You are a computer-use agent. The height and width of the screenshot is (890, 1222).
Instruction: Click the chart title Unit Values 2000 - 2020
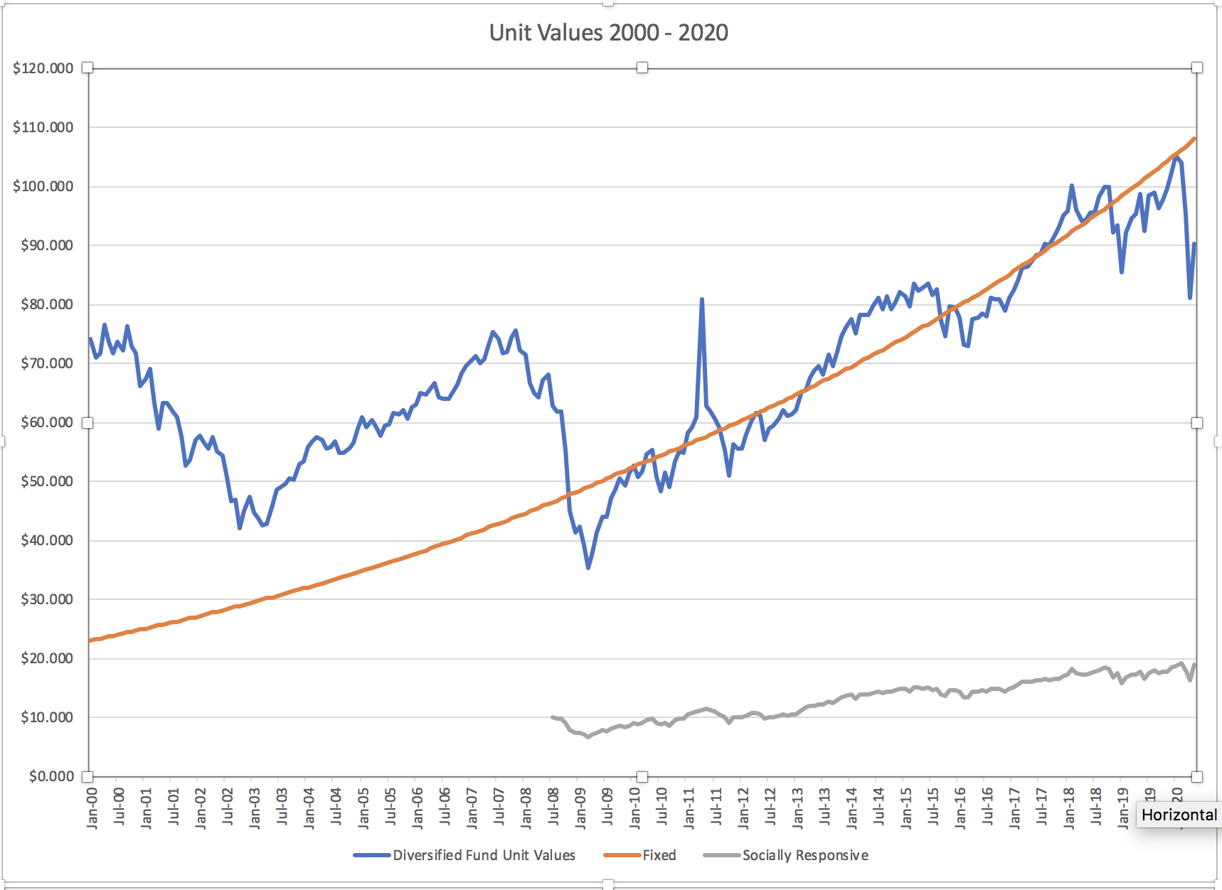pyautogui.click(x=608, y=33)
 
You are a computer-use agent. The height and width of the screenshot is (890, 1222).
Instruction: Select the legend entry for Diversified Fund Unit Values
pyautogui.click(x=484, y=855)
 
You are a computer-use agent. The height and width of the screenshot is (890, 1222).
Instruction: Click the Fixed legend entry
pyautogui.click(x=659, y=855)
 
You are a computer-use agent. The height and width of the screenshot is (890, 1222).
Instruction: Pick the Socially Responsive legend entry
pyautogui.click(x=804, y=855)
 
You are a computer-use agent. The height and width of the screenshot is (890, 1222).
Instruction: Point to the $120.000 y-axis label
pyautogui.click(x=43, y=68)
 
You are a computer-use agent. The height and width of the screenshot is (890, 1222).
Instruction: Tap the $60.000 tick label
pyautogui.click(x=43, y=422)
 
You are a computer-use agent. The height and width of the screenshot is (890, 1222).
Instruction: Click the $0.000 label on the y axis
pyautogui.click(x=51, y=776)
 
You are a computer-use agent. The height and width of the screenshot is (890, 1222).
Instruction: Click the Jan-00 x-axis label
pyautogui.click(x=92, y=808)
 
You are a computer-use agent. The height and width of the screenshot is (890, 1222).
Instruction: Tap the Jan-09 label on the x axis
pyautogui.click(x=581, y=808)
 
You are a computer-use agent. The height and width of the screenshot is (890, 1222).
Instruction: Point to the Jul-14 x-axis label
pyautogui.click(x=879, y=808)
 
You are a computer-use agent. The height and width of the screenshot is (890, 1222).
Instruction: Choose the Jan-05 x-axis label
pyautogui.click(x=363, y=808)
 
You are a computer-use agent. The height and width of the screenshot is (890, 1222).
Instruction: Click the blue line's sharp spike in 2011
pyautogui.click(x=702, y=300)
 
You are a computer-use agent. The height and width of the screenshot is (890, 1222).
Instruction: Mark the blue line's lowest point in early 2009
pyautogui.click(x=588, y=567)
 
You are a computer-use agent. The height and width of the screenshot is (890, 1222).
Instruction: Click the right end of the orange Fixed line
pyautogui.click(x=1195, y=139)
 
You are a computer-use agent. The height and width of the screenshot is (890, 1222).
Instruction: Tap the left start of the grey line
pyautogui.click(x=553, y=717)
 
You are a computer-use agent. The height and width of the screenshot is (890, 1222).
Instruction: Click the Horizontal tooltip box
pyautogui.click(x=1179, y=815)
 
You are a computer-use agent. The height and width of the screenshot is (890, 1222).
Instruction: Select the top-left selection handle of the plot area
pyautogui.click(x=87, y=68)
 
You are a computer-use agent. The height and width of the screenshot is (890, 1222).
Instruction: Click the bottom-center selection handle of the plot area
pyautogui.click(x=642, y=776)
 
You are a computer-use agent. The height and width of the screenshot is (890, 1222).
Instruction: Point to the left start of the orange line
pyautogui.click(x=90, y=640)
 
